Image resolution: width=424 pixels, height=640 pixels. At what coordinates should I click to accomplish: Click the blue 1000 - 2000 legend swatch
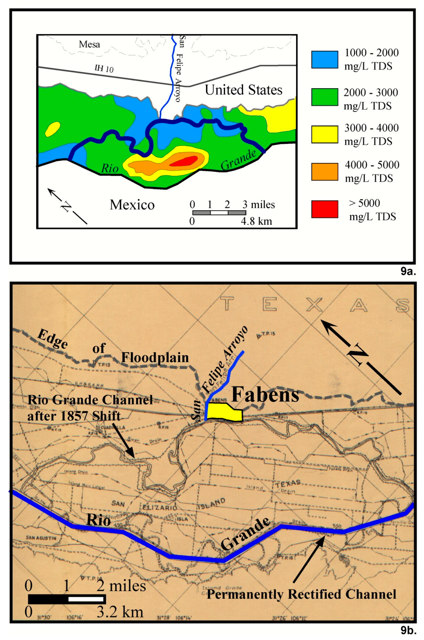click(324, 60)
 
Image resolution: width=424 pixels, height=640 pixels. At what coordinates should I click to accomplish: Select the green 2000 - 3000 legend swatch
click(324, 97)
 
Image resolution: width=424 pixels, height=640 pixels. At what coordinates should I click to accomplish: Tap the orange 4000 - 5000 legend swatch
click(324, 172)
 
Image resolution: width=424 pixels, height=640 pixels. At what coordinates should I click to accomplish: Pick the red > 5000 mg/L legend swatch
click(324, 209)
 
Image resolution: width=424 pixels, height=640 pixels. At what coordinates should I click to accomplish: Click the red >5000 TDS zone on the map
click(184, 161)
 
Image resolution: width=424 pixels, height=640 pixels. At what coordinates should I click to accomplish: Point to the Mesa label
click(89, 44)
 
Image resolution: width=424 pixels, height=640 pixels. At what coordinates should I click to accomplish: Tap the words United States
click(243, 90)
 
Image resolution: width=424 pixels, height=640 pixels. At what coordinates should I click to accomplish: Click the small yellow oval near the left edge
click(52, 129)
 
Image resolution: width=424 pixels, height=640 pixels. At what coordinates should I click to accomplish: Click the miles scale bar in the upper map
click(219, 213)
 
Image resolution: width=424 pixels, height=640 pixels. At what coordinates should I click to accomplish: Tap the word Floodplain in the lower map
click(155, 358)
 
